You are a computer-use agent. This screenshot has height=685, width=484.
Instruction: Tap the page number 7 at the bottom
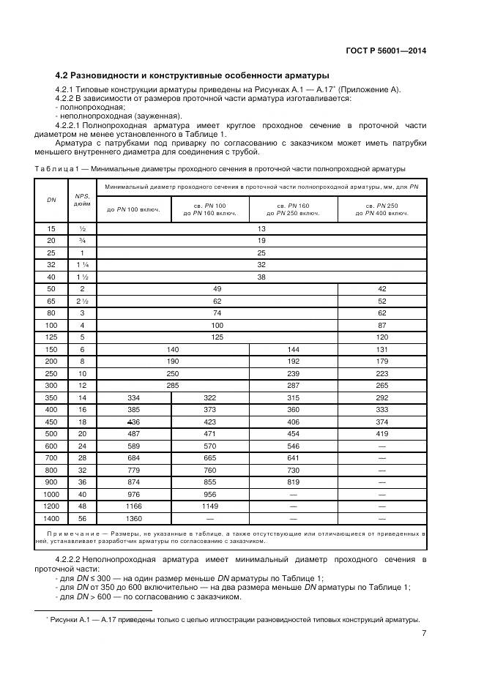pyautogui.click(x=424, y=635)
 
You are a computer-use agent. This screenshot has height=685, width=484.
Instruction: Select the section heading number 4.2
pyautogui.click(x=64, y=75)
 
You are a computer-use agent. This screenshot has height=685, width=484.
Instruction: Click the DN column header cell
pyautogui.click(x=51, y=200)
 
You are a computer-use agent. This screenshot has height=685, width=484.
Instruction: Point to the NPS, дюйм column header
pyautogui.click(x=82, y=200)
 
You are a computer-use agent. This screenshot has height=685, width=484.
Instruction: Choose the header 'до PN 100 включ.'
pyautogui.click(x=133, y=210)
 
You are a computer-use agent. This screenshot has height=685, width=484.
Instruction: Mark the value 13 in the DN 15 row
pyautogui.click(x=261, y=228)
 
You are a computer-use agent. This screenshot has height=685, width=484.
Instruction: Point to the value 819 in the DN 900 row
pyautogui.click(x=293, y=482)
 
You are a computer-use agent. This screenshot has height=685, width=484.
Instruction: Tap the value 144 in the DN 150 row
pyautogui.click(x=293, y=349)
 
